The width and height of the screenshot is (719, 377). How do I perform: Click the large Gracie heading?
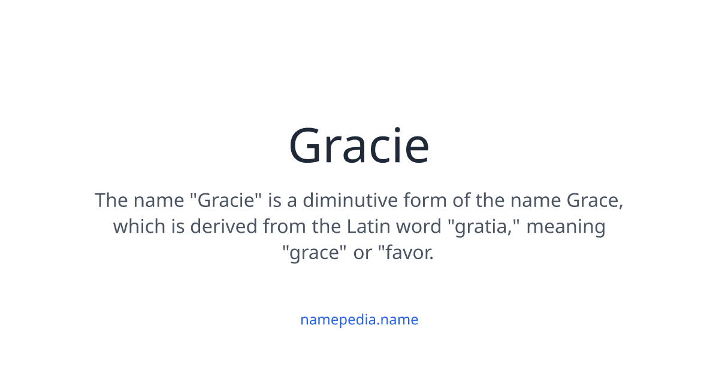pos(359,146)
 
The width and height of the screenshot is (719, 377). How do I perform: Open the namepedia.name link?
pos(359,320)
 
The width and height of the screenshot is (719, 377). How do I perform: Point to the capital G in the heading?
pos(309,146)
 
